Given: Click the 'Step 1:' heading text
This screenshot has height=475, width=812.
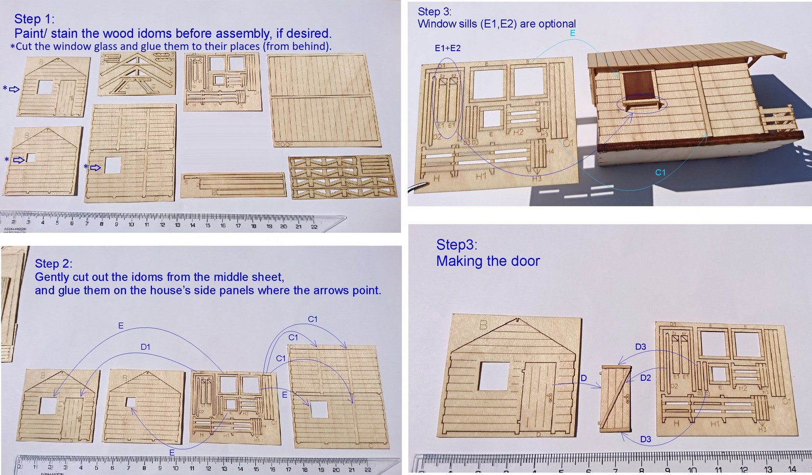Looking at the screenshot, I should pyautogui.click(x=34, y=19).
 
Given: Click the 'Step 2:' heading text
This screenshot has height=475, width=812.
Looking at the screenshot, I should pyautogui.click(x=54, y=264).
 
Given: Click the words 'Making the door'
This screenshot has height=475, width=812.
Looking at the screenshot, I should pyautogui.click(x=488, y=261).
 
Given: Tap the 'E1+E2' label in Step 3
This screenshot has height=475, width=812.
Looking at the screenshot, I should pyautogui.click(x=447, y=48).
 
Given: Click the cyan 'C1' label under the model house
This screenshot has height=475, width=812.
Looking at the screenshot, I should pyautogui.click(x=660, y=172).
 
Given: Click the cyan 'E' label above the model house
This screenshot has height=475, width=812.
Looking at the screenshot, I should pyautogui.click(x=573, y=33).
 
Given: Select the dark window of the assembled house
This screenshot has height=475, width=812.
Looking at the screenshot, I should pyautogui.click(x=638, y=85).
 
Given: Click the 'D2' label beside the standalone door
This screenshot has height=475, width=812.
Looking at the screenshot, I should pyautogui.click(x=645, y=378).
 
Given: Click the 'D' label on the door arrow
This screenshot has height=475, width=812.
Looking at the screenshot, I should pyautogui.click(x=583, y=378).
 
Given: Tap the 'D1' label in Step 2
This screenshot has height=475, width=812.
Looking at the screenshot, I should pyautogui.click(x=145, y=347).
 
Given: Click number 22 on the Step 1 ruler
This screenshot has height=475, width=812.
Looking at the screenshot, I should pyautogui.click(x=313, y=226).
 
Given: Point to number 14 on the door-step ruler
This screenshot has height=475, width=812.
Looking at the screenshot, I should pyautogui.click(x=792, y=469).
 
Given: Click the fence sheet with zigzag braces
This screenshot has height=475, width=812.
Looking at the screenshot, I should pyautogui.click(x=342, y=177).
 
